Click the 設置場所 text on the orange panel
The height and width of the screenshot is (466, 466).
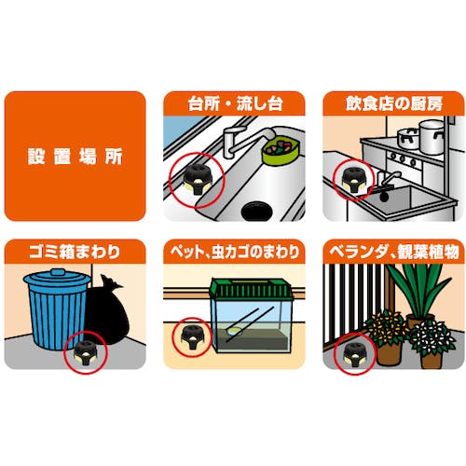point(75,157)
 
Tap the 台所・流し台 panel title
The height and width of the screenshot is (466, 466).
point(235,103)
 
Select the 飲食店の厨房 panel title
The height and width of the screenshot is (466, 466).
point(394,103)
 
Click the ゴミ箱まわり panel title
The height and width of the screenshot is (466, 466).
point(75,252)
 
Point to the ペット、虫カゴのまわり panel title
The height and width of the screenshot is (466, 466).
point(235,252)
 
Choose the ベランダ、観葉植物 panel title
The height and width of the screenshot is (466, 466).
point(394,252)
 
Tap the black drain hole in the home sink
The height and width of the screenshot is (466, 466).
point(256,211)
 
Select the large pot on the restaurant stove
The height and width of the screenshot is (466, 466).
point(432,136)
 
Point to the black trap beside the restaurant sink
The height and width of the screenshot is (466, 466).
point(353,181)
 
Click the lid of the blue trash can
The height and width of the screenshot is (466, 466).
point(58,279)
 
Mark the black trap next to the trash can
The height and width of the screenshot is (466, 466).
point(85,353)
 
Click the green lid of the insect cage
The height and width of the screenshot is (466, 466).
point(252,288)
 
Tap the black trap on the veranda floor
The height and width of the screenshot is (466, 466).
point(356,354)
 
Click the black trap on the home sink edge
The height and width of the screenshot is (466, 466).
point(196,180)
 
